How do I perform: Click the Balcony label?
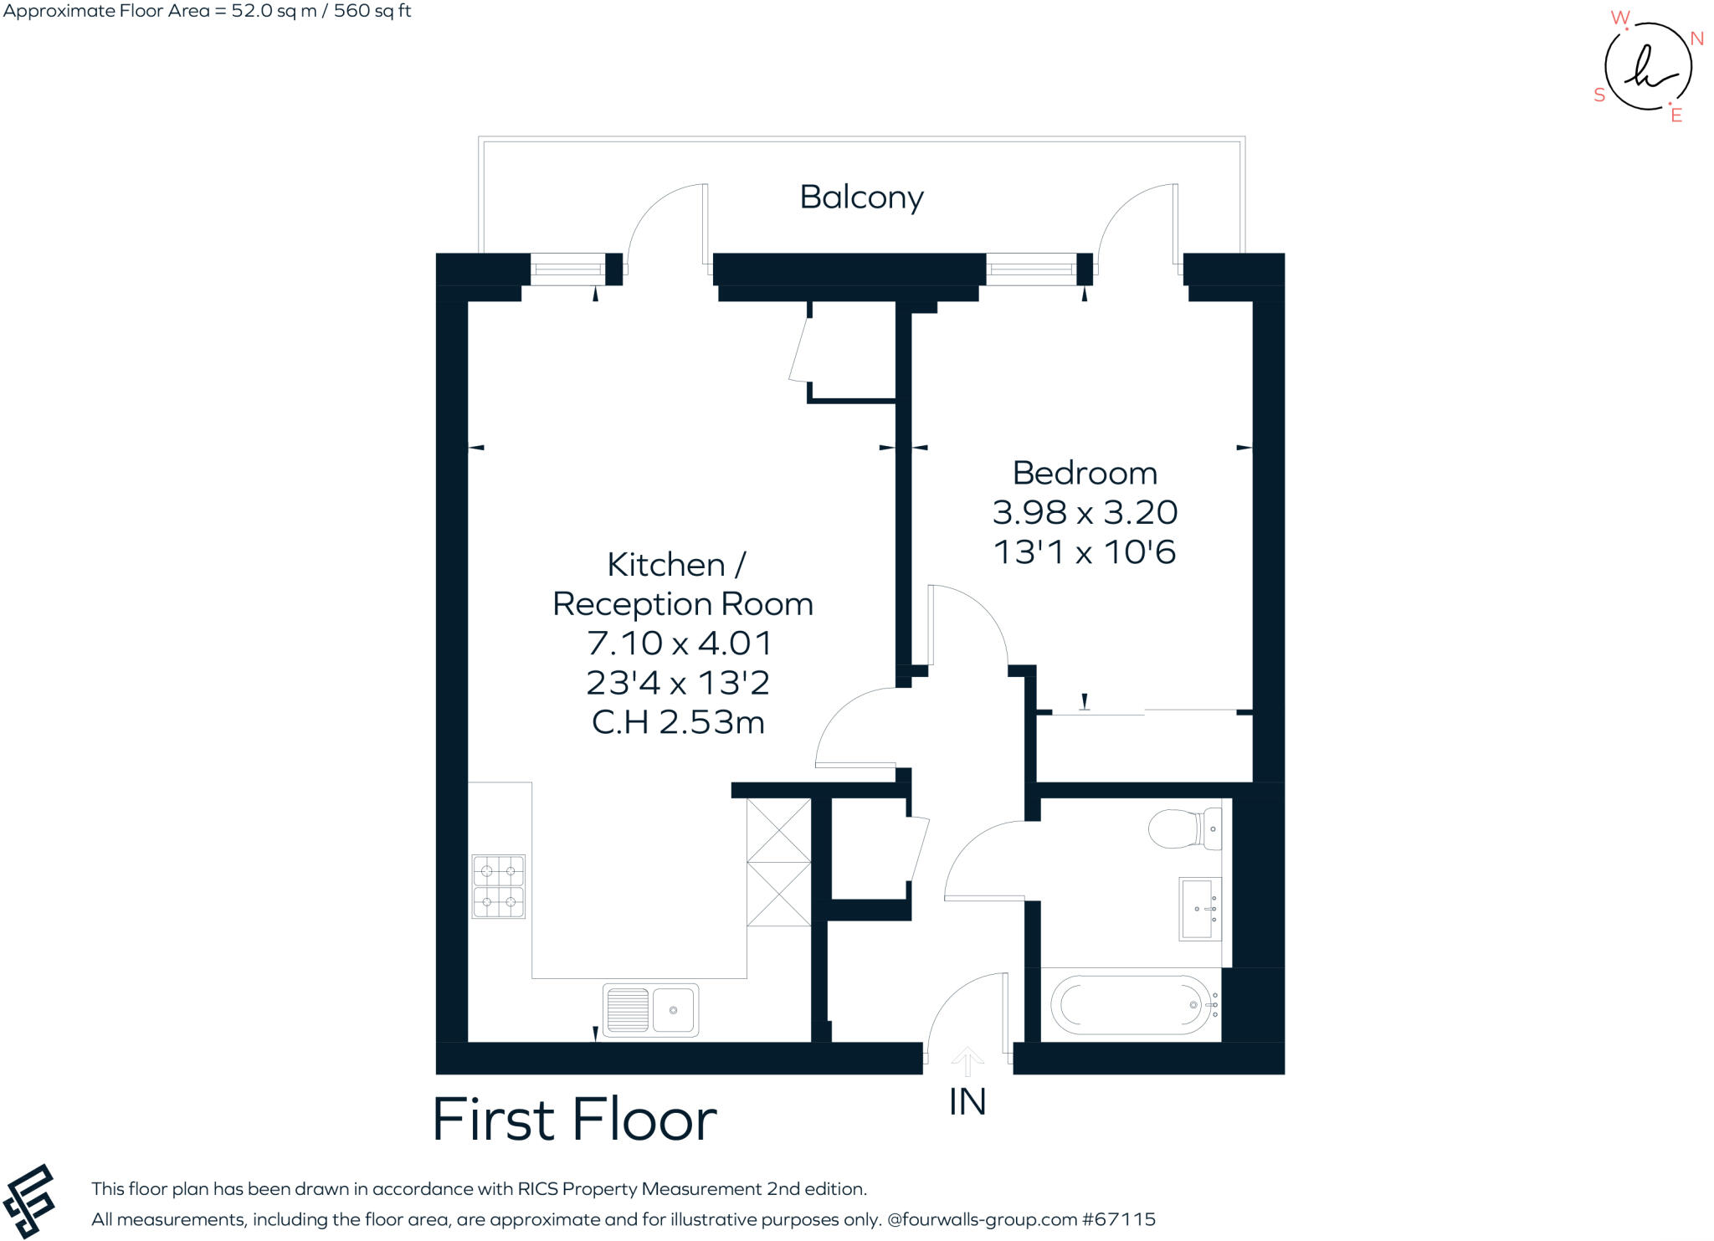(861, 197)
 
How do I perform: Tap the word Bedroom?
(1085, 474)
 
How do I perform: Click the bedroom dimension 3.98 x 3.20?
(1085, 512)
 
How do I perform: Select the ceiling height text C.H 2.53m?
(678, 722)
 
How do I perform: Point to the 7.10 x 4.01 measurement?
(679, 644)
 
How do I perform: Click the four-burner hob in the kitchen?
(499, 886)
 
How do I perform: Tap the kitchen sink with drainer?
(650, 1010)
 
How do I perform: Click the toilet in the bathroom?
(1184, 828)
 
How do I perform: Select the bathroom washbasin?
(1200, 909)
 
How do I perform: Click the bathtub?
(1131, 1005)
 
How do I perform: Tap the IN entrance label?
(967, 1102)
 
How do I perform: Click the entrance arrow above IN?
(967, 1061)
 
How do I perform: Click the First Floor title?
(574, 1120)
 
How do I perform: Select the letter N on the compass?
(1697, 38)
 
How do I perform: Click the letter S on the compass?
(1599, 95)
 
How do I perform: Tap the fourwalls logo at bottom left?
(29, 1202)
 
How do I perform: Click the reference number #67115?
(1119, 1219)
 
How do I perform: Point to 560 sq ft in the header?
(372, 11)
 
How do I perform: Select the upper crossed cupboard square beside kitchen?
(778, 830)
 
